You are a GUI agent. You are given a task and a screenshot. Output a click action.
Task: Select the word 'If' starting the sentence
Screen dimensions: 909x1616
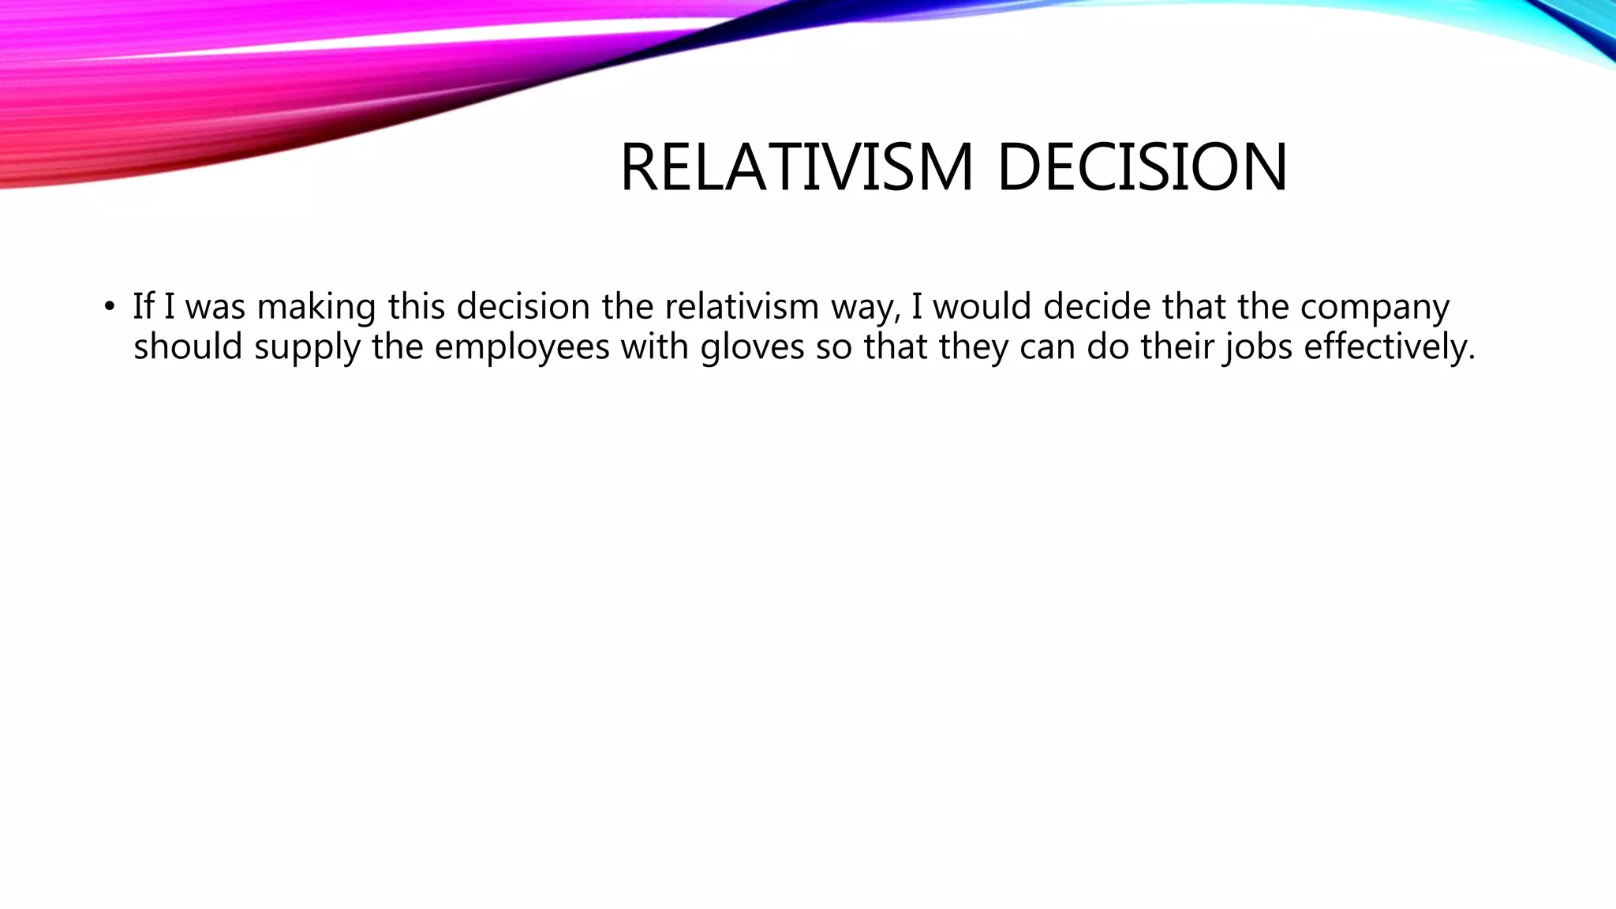pos(143,306)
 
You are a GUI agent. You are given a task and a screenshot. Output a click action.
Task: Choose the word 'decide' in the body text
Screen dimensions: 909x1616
pos(1097,306)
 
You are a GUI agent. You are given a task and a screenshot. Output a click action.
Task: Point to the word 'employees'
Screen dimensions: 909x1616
pos(522,346)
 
